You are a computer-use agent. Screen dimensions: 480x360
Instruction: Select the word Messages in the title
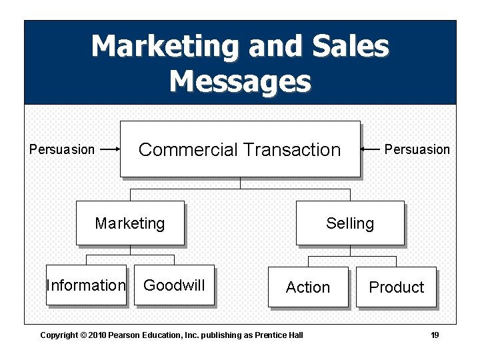240,81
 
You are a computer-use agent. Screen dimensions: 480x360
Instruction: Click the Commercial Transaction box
239,149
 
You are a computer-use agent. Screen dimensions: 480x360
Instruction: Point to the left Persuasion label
62,149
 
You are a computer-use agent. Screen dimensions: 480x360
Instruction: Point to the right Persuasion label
417,149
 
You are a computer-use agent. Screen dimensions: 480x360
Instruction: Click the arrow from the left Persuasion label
109,149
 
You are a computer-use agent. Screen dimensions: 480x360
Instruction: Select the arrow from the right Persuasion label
370,149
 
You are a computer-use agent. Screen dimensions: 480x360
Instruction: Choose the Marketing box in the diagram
130,223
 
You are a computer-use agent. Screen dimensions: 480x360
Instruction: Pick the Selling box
350,223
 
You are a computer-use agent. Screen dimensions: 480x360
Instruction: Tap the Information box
86,285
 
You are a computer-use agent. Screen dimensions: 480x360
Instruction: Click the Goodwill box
174,285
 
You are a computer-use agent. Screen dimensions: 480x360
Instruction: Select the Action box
308,287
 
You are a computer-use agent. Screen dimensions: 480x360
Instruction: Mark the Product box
396,287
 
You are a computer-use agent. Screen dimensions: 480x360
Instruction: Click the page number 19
435,335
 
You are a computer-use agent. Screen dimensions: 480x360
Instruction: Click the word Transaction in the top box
291,149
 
